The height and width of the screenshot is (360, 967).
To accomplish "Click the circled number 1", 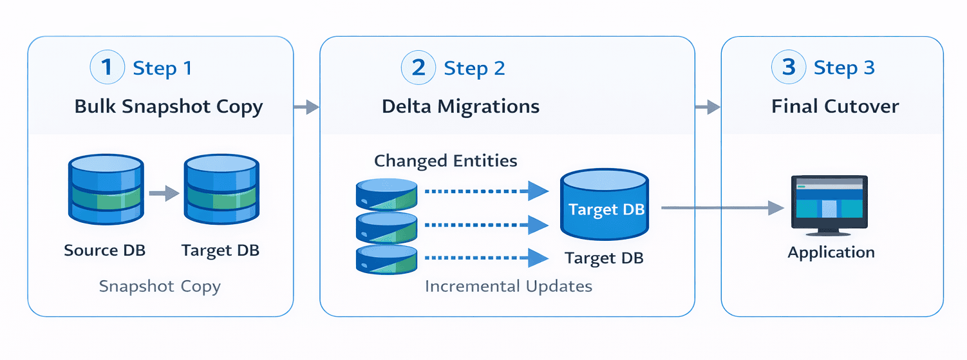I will click(108, 68).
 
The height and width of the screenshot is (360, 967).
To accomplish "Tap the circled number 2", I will click(418, 68).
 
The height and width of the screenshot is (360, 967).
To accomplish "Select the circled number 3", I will click(788, 68).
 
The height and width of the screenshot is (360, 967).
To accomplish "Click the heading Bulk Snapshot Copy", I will click(169, 106).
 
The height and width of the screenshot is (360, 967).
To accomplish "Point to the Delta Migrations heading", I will click(460, 106).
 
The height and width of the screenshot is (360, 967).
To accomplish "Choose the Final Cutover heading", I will click(835, 106).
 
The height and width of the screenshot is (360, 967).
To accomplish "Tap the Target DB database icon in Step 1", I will click(221, 190).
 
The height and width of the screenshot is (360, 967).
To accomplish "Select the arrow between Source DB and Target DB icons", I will click(163, 193).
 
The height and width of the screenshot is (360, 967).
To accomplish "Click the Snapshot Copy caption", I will click(160, 286).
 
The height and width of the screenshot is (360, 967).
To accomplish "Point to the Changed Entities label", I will click(446, 160).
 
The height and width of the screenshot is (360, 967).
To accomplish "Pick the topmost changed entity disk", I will click(386, 193).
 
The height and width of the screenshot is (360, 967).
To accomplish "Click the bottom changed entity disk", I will click(386, 258).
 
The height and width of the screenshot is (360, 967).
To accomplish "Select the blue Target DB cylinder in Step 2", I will click(605, 205).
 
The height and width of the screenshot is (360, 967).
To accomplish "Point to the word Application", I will click(831, 252).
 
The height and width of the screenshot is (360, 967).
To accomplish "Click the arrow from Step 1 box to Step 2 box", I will click(306, 107).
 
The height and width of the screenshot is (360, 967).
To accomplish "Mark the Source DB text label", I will click(104, 250).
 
